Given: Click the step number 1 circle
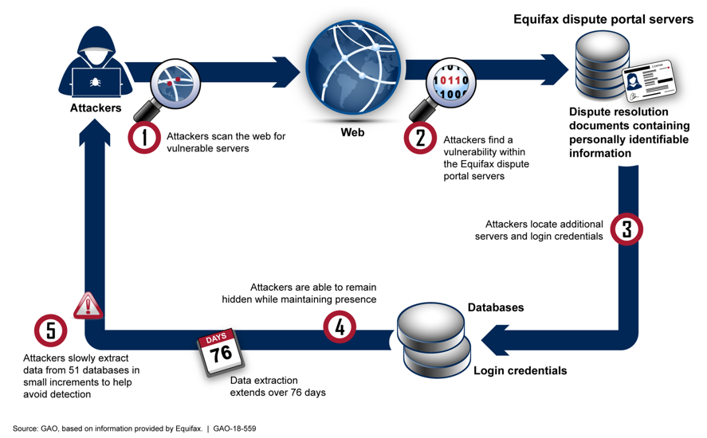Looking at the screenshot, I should (x=145, y=137).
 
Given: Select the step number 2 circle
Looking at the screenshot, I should (x=420, y=138).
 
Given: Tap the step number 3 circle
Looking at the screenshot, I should (x=626, y=229).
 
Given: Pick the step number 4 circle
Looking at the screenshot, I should (x=340, y=326).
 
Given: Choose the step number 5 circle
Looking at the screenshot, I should (x=51, y=330).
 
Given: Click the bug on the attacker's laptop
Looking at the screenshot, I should (x=95, y=81).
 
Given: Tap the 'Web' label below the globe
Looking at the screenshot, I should (x=352, y=132).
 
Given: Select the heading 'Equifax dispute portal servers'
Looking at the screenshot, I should (x=603, y=18).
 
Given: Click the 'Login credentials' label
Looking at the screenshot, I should (x=520, y=370).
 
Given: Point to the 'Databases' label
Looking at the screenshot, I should (x=496, y=307).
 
